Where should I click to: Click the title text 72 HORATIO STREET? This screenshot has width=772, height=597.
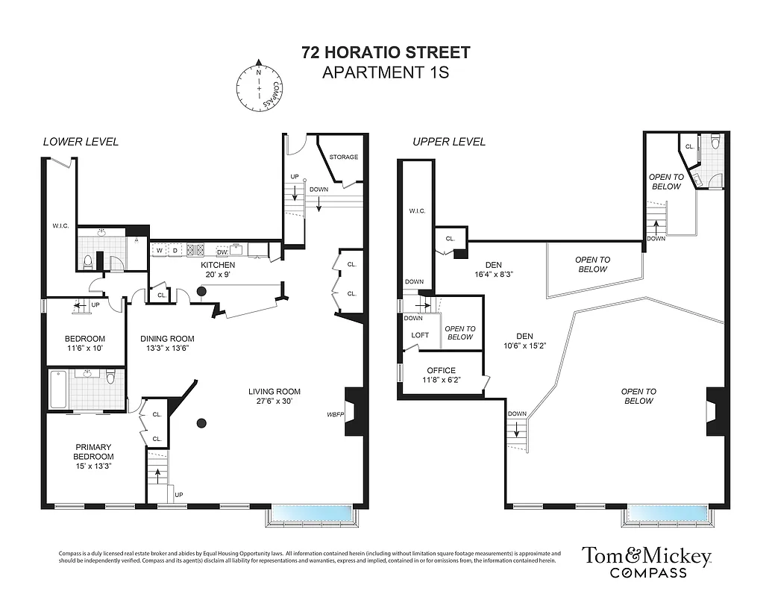[x=386, y=53]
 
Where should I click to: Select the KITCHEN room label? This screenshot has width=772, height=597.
[x=217, y=265]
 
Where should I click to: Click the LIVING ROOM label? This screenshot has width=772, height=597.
[x=274, y=391]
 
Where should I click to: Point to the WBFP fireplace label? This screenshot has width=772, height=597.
[x=335, y=414]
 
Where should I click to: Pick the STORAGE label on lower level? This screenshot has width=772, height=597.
[x=343, y=157]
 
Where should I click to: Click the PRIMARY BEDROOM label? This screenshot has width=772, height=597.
[x=93, y=451]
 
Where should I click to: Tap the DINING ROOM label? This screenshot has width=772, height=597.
[x=168, y=338]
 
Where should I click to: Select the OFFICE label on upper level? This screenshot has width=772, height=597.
[x=441, y=370]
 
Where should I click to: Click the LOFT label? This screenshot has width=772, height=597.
[x=420, y=335]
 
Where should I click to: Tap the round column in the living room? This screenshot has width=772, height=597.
[x=201, y=424]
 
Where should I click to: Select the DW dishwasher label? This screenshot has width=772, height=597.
[x=222, y=252]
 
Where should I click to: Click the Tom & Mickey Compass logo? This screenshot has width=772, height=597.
[x=647, y=561]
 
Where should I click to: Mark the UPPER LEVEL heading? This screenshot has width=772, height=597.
[x=450, y=142]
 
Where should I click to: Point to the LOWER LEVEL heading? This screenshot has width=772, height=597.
[x=81, y=142]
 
